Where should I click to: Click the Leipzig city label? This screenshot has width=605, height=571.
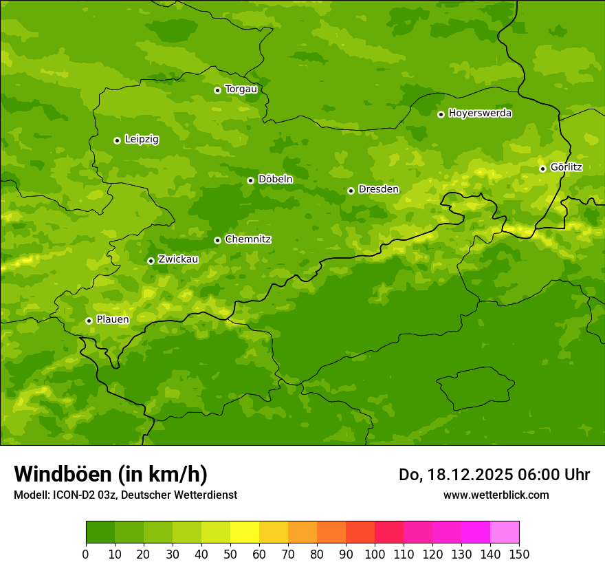point(142,140)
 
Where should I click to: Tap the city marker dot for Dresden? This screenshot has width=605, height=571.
point(351,191)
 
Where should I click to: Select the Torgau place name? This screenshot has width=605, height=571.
point(241,89)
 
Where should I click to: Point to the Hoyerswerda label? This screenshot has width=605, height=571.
point(480,114)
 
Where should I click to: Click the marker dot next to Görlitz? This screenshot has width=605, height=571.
point(542,169)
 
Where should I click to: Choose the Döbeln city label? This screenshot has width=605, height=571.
point(275,180)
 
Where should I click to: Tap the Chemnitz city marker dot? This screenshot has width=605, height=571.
point(217,240)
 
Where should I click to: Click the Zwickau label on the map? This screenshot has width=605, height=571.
point(178,259)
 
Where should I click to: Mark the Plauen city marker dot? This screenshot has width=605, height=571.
point(89,321)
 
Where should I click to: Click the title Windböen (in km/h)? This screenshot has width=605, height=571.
point(111,475)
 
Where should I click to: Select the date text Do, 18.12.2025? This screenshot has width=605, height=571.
point(456,475)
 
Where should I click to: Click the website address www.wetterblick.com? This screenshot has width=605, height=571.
point(496,495)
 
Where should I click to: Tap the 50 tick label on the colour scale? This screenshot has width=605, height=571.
point(230,554)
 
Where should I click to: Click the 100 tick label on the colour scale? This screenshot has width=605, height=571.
point(375,554)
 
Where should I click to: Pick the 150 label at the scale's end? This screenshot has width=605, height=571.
point(519,554)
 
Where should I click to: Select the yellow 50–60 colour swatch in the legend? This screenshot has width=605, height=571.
point(245,532)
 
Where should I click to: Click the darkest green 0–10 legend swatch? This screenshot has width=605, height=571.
point(100,532)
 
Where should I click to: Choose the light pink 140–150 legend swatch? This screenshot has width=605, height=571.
point(505,532)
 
